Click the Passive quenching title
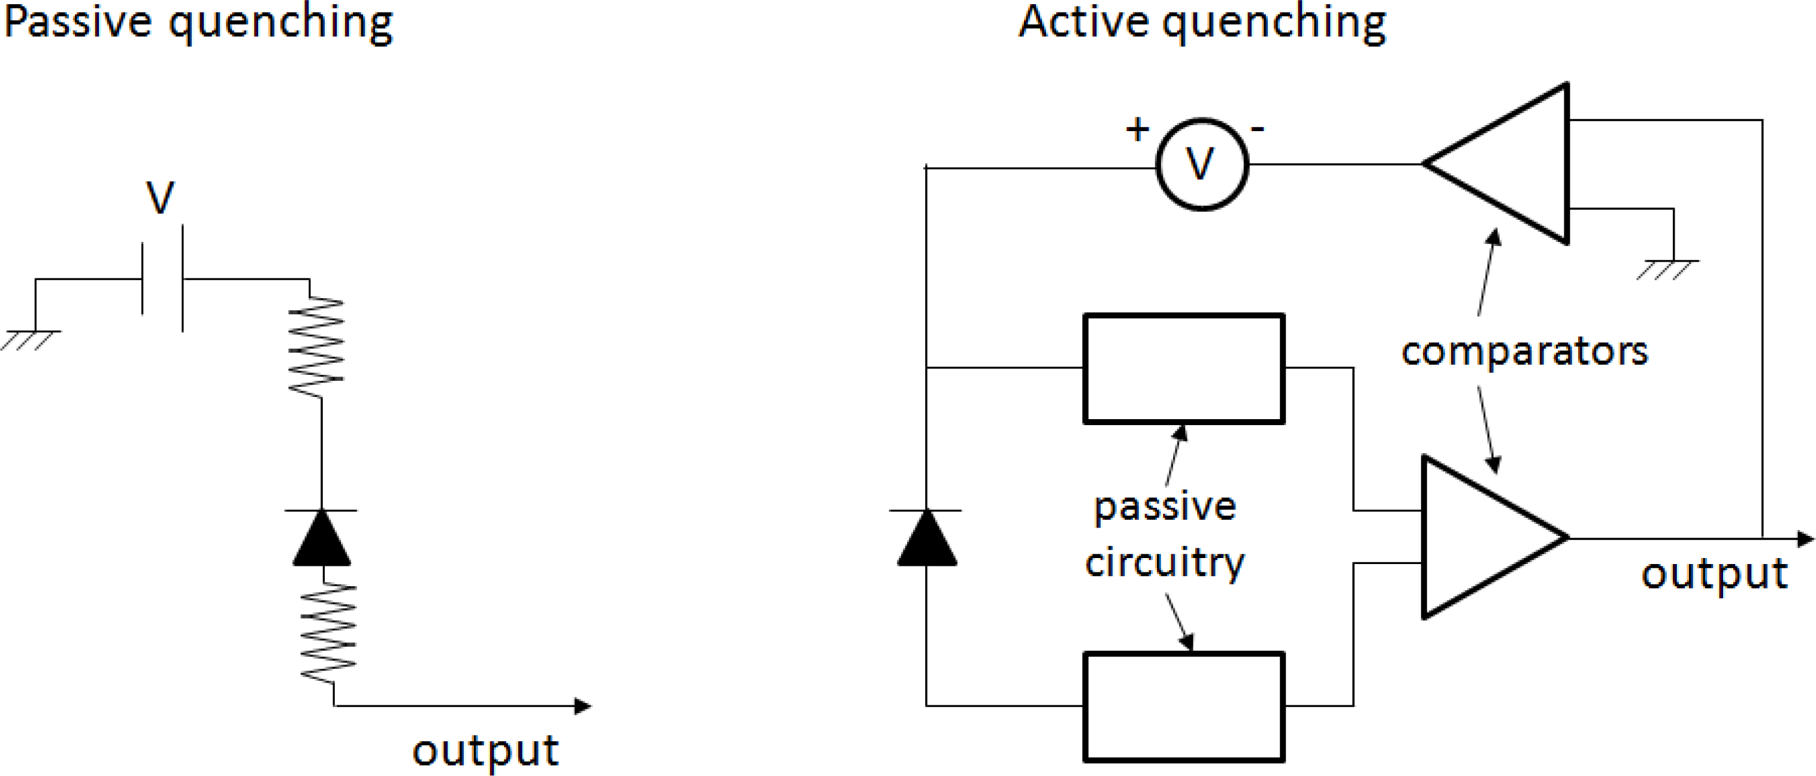click(197, 23)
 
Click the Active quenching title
click(1202, 23)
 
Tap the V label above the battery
click(160, 198)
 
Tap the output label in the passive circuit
click(485, 751)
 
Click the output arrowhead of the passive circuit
click(582, 705)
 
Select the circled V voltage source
click(1201, 164)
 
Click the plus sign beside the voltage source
click(1137, 129)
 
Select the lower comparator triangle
click(1480, 538)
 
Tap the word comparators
click(1524, 351)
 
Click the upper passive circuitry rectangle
click(1184, 368)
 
